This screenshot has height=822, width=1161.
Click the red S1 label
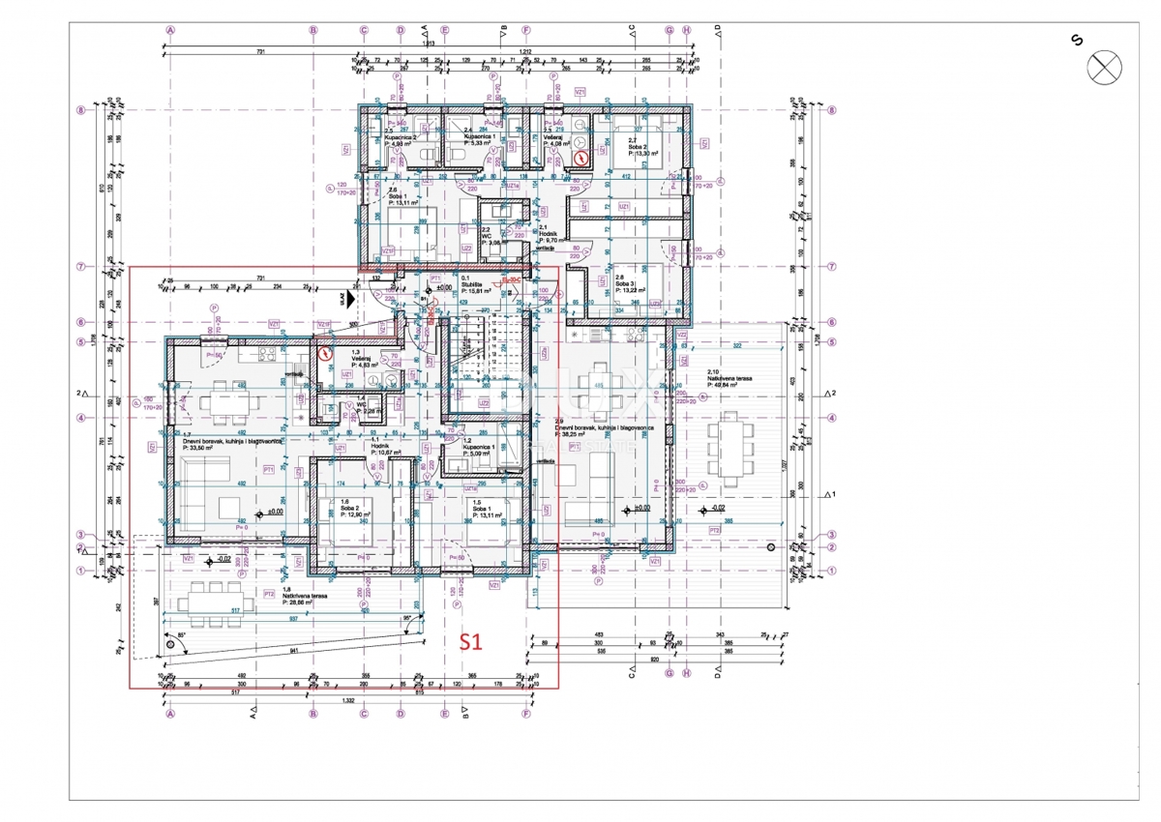pyautogui.click(x=470, y=640)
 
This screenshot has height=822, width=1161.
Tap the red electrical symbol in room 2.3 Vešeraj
pyautogui.click(x=580, y=158)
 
